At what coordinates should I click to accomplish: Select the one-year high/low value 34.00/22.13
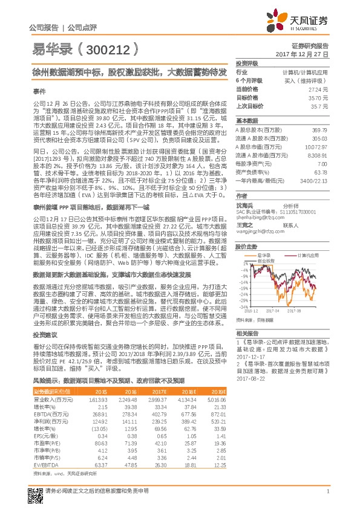(315, 181)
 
